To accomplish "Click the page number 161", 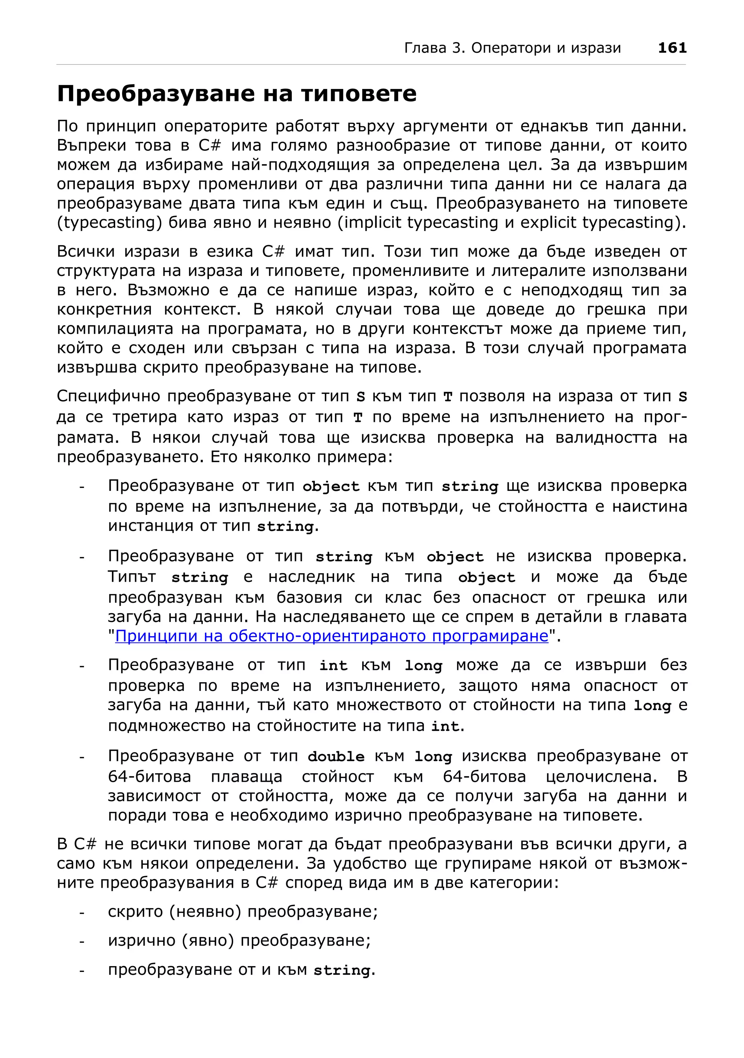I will point(672,48).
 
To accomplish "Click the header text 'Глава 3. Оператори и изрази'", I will point(512,48).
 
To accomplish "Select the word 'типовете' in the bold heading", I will point(359,94).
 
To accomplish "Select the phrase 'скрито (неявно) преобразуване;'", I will point(243,911).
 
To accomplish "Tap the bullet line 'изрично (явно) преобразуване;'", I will point(239,940).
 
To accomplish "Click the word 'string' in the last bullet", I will point(341,970).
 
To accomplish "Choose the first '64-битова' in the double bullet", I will point(149,777).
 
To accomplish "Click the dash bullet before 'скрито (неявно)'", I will point(82,912).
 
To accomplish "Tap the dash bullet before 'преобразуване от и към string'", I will point(82,971).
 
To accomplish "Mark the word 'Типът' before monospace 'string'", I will point(132,577).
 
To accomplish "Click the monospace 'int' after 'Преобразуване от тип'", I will point(333,666).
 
